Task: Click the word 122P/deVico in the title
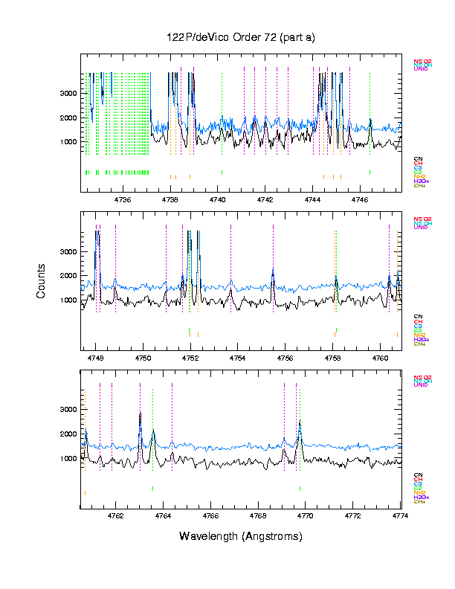(196, 37)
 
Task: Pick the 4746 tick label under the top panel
(361, 199)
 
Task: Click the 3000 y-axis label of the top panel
(68, 94)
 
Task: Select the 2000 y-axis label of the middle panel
(68, 276)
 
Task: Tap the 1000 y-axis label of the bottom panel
(68, 459)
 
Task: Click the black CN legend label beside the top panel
(418, 159)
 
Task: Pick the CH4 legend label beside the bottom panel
(419, 502)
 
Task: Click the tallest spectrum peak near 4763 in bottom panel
(140, 414)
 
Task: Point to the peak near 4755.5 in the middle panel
(273, 269)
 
